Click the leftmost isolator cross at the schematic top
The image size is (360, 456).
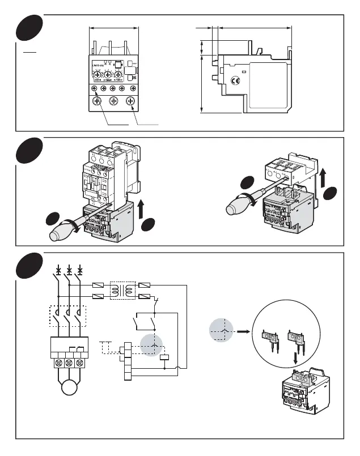(x=58, y=269)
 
